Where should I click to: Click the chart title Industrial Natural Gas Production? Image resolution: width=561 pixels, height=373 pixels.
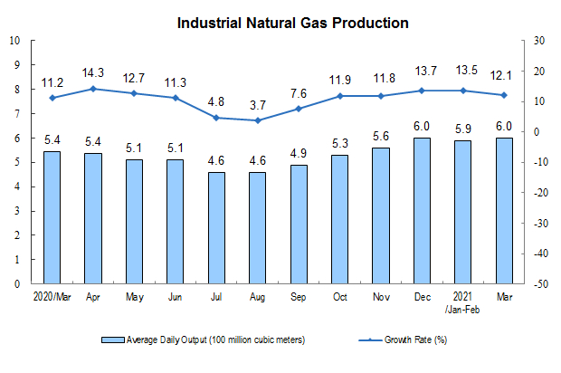[292, 23]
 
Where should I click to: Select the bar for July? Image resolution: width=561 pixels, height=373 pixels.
[217, 228]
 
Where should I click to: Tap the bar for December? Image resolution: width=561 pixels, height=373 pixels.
[423, 211]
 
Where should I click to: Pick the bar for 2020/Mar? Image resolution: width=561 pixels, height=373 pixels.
[52, 217]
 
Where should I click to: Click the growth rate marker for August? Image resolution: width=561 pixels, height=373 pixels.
[258, 120]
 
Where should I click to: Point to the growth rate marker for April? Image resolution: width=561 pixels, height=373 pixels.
[93, 89]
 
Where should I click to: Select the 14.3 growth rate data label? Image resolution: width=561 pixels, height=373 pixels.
[93, 72]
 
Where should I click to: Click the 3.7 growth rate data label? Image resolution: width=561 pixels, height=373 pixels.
[258, 105]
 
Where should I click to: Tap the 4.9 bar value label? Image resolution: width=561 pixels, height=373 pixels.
[299, 153]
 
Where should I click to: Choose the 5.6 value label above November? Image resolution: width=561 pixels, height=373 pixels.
[381, 136]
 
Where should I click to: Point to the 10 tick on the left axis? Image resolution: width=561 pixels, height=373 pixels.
[14, 41]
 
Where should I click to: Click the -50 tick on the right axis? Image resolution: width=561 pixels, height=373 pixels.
[540, 284]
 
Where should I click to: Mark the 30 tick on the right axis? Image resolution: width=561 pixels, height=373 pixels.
[539, 41]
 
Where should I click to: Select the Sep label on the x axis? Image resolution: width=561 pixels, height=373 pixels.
[299, 297]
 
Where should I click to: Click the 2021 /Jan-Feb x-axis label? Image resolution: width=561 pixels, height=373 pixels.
[462, 303]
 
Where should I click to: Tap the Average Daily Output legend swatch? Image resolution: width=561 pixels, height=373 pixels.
[113, 340]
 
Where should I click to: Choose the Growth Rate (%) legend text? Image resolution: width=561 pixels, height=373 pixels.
[415, 340]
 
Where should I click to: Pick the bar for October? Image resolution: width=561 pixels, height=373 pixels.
[340, 219]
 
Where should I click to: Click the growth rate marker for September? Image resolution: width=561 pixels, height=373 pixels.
[299, 109]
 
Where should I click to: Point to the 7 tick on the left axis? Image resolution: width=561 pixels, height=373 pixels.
[17, 114]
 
